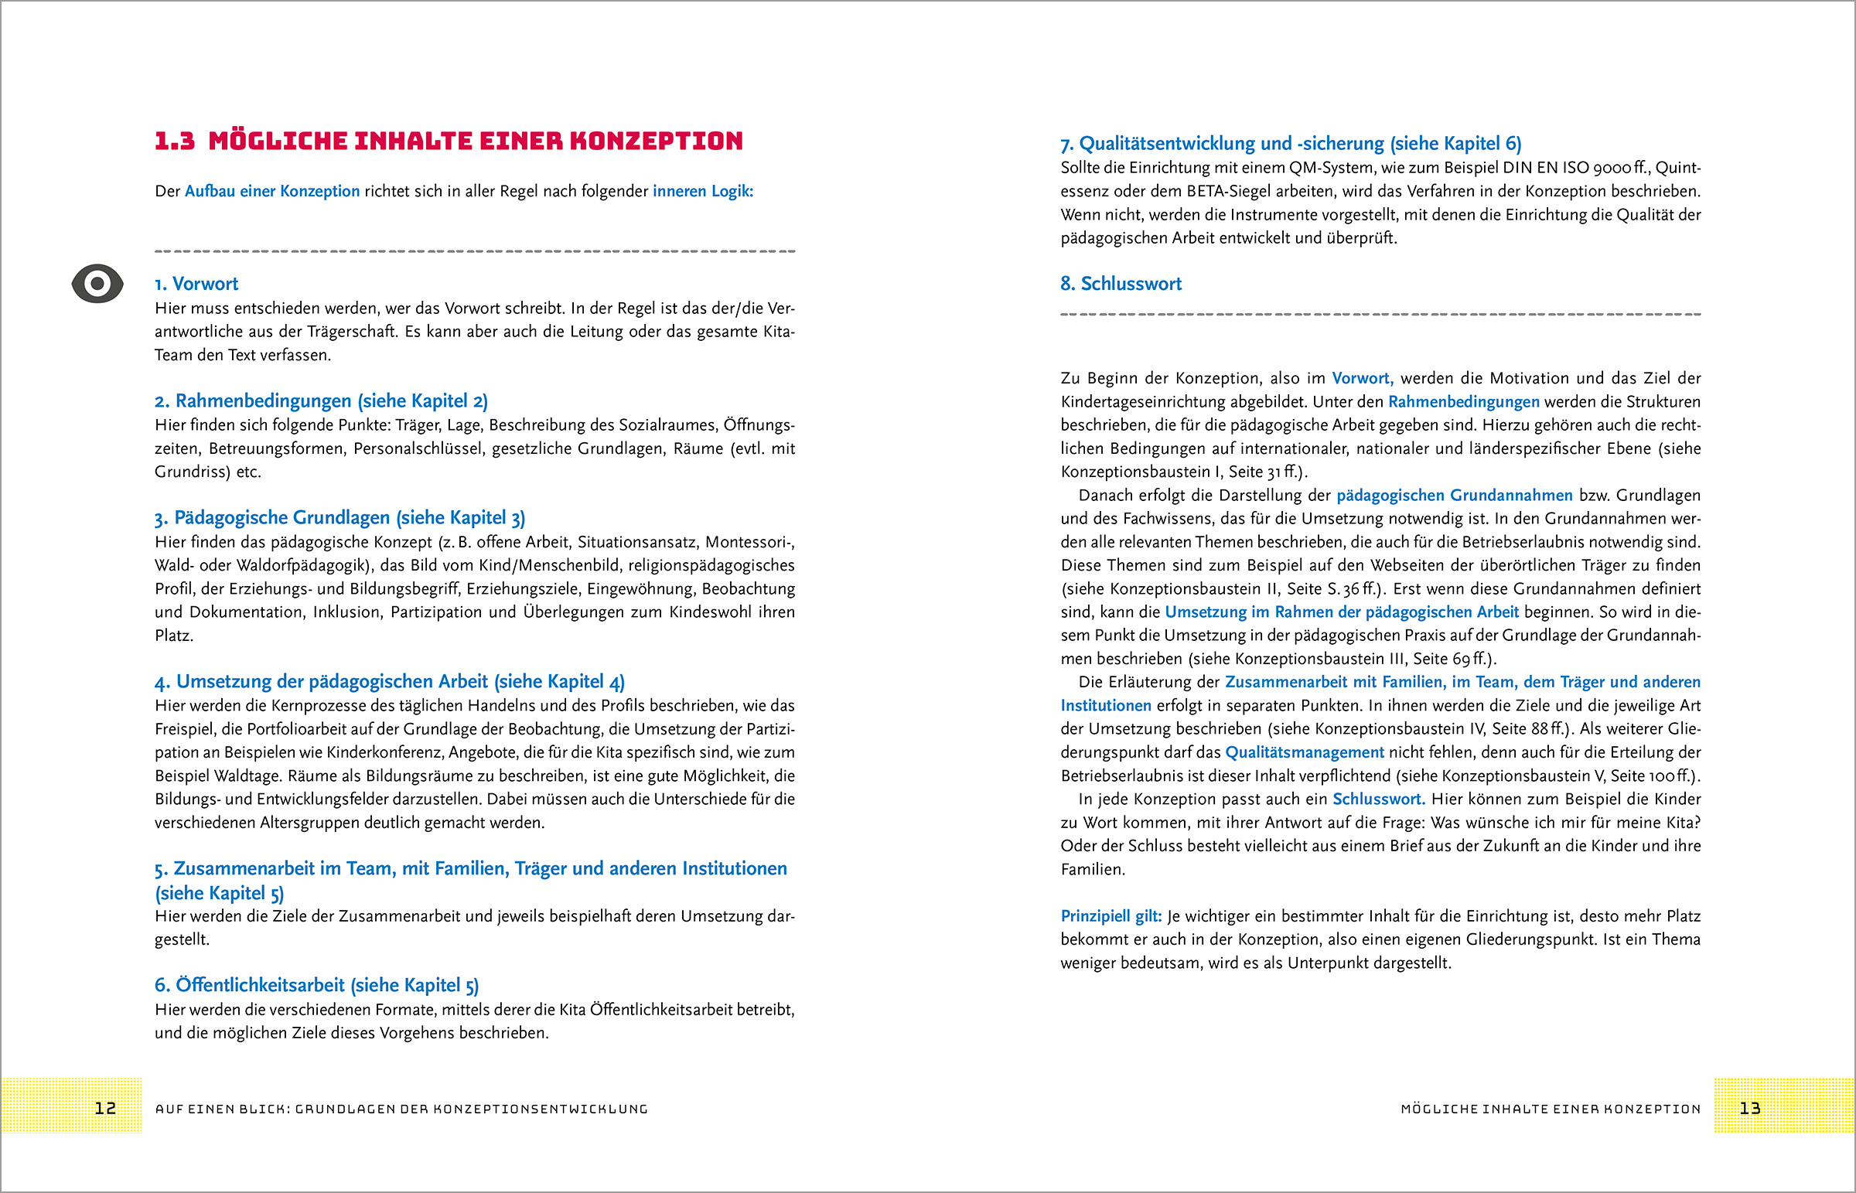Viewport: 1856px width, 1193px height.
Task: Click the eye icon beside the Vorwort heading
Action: tap(97, 284)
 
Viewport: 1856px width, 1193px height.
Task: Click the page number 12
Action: tap(105, 1109)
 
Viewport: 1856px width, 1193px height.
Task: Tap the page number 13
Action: tap(1750, 1109)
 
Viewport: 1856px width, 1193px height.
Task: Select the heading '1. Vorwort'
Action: tap(196, 285)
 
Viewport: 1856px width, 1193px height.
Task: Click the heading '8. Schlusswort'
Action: tap(1121, 285)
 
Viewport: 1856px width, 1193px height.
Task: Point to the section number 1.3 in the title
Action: tap(174, 141)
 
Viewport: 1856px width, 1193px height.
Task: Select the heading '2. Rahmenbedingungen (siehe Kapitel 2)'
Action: tap(321, 401)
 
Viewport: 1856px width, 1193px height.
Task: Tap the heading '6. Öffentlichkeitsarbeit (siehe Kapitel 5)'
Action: tap(316, 985)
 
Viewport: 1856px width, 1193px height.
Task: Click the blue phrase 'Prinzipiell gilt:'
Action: tap(1111, 916)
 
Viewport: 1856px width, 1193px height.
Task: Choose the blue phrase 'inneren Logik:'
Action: tap(703, 191)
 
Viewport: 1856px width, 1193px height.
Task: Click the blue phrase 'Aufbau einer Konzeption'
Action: tap(272, 191)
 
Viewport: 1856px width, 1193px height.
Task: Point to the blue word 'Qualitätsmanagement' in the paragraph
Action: tap(1305, 752)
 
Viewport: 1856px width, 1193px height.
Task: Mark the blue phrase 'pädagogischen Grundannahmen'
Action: tap(1454, 496)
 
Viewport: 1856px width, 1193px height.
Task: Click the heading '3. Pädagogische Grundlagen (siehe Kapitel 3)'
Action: tap(339, 518)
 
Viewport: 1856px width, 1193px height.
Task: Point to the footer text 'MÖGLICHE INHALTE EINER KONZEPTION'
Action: tap(1551, 1109)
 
